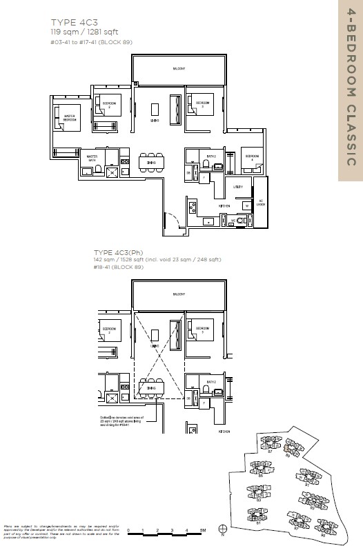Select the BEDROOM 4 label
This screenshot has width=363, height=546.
coord(252,157)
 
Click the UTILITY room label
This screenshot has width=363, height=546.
coord(237,187)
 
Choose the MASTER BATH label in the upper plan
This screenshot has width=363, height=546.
coord(92,160)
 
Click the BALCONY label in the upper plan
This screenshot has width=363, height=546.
coord(179,68)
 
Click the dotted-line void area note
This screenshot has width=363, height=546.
coord(121,423)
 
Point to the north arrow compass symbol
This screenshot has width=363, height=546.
coord(222,530)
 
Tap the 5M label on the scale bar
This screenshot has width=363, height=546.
coord(203,529)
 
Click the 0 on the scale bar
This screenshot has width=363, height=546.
coord(129,529)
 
